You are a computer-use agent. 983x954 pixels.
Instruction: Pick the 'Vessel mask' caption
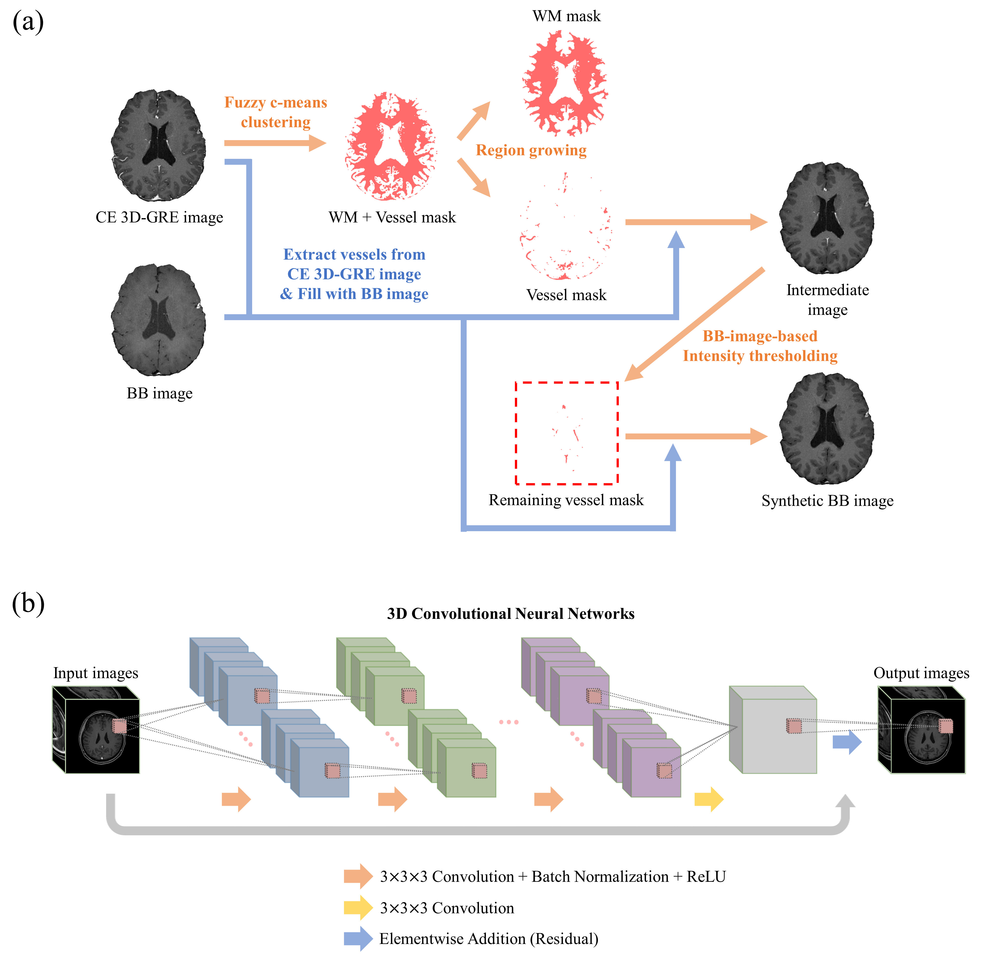pyautogui.click(x=566, y=295)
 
